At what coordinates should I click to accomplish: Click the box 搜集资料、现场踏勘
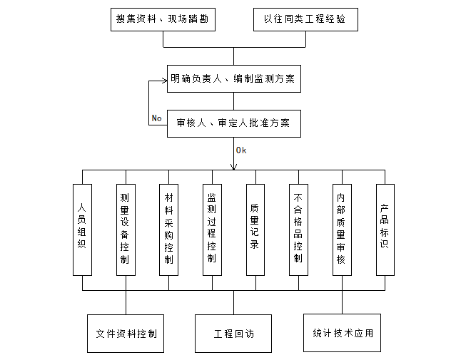[x=163, y=19]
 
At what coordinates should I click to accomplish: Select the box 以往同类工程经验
[x=305, y=19]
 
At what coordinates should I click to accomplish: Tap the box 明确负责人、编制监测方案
[x=233, y=78]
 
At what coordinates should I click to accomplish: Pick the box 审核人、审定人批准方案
[x=233, y=123]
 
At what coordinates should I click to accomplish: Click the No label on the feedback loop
[x=157, y=118]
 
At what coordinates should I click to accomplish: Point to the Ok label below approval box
[x=240, y=150]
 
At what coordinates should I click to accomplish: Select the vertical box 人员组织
[x=82, y=229]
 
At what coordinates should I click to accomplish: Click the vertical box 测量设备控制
[x=125, y=229]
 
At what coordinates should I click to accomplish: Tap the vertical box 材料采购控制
[x=168, y=229]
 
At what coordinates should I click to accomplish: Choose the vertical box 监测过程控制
[x=212, y=229]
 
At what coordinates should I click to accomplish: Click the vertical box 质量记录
[x=255, y=229]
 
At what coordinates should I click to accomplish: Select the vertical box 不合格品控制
[x=298, y=229]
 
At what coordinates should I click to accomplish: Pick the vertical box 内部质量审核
[x=342, y=229]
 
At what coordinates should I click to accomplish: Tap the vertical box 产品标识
[x=385, y=229]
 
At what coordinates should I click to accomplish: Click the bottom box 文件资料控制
[x=126, y=333]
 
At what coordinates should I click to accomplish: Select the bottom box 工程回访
[x=233, y=333]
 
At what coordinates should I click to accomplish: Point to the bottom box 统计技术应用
[x=343, y=332]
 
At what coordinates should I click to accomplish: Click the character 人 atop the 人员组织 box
[x=82, y=208]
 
